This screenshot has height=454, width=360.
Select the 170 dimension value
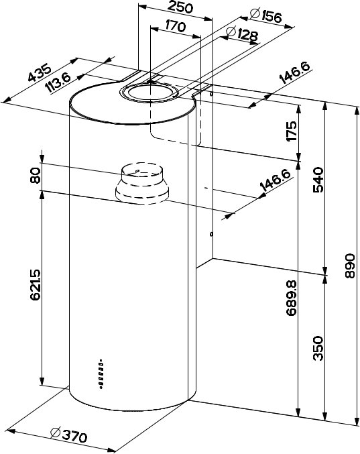(176, 27)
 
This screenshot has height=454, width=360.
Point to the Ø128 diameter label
(242, 34)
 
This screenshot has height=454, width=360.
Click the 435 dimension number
(40, 72)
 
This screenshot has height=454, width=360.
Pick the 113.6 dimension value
(58, 82)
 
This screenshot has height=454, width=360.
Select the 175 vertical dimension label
(291, 131)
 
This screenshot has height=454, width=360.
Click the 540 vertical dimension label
(318, 180)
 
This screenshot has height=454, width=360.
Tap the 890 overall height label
(350, 266)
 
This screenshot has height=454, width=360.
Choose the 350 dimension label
(318, 348)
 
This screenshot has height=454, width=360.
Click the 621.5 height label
(35, 285)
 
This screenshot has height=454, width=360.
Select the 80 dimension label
(35, 175)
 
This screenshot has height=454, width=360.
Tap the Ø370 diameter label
(68, 435)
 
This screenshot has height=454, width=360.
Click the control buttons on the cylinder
(101, 374)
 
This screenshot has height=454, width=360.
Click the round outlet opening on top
(149, 92)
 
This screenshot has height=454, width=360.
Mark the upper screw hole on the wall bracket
(212, 94)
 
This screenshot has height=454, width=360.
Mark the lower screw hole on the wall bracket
(212, 233)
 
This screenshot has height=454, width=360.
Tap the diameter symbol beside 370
(56, 433)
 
